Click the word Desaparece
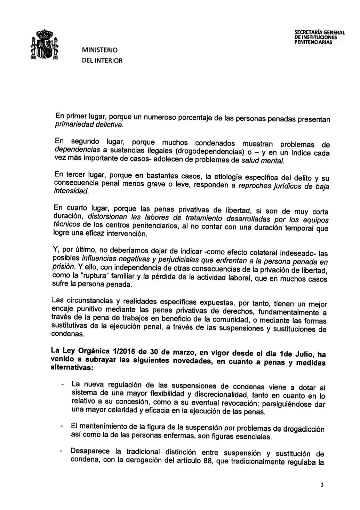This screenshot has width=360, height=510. click(x=90, y=452)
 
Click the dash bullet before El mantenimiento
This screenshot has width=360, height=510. click(x=62, y=426)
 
